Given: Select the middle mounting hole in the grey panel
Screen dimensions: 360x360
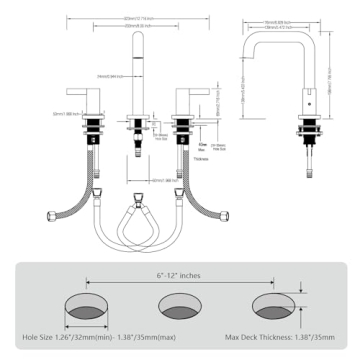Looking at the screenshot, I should (180, 305).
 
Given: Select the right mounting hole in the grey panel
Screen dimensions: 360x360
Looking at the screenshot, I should (274, 305).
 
